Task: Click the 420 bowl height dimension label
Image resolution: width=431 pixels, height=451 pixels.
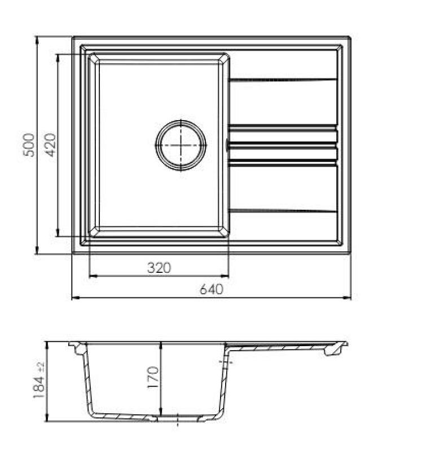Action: (x=50, y=145)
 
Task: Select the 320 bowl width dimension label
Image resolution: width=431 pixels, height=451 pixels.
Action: (x=159, y=268)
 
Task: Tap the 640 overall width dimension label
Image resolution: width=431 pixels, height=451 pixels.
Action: (x=212, y=290)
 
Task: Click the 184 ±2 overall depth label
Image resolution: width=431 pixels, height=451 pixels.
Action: (x=39, y=381)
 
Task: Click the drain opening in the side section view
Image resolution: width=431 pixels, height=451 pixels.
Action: (x=177, y=418)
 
